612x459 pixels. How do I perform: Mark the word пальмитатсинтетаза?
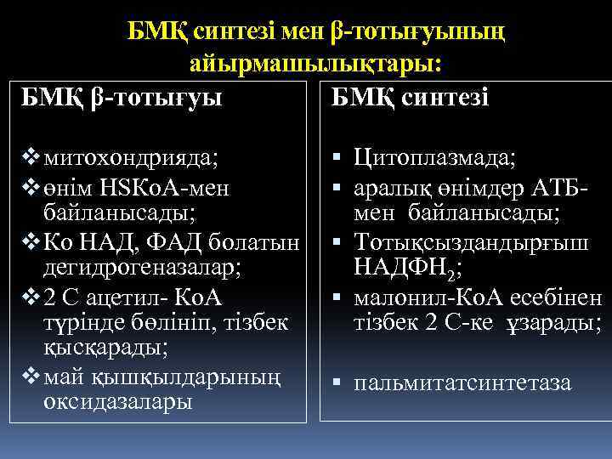(x=463, y=383)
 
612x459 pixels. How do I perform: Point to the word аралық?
(x=387, y=185)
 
